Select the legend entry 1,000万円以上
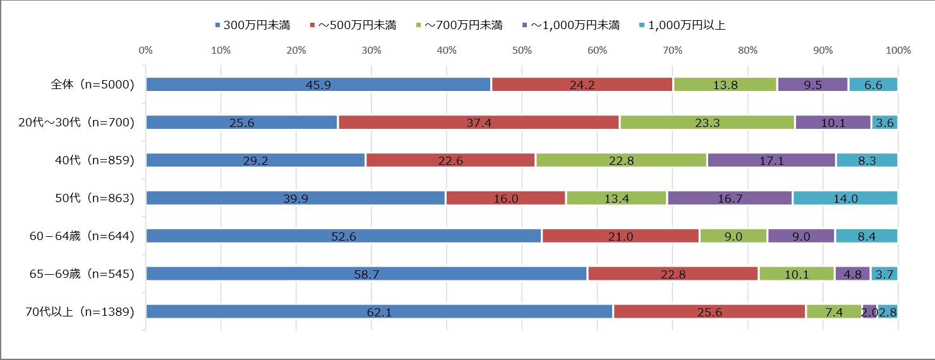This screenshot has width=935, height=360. pos(687,26)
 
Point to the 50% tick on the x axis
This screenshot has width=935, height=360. pos(522,51)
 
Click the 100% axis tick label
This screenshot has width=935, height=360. pos(898,51)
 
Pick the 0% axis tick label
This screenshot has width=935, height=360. pos(145,51)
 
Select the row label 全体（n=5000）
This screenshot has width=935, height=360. pos(93,85)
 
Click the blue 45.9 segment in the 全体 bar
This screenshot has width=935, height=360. pos(318,85)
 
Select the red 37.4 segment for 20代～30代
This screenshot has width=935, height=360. pos(479,123)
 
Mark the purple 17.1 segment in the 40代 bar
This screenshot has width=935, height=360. pos(771,160)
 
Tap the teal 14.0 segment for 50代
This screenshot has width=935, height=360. pos(845,198)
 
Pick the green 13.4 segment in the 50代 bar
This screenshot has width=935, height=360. pos(617,198)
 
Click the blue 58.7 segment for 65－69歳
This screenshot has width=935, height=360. pos(366,273)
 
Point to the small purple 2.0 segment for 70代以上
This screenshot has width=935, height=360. pos(869,311)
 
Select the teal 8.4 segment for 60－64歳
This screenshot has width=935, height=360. pos(866,236)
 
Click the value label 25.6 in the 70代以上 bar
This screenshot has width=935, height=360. pos(709,312)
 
